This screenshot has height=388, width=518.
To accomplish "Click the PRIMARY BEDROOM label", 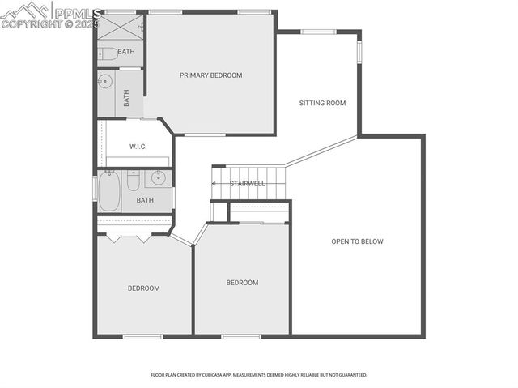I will pos(210,75).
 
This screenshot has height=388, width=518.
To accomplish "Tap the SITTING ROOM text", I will pos(322,103).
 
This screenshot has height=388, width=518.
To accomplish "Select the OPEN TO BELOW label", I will pos(357,241).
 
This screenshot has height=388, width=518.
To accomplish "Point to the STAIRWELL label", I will pos(248,184).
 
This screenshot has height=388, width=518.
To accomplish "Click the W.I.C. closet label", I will pos(138,147).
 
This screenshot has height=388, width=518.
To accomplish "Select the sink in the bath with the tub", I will pos(159,177).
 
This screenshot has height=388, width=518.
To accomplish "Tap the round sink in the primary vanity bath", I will pos(105,81).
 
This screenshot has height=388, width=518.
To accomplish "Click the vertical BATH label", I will pos(126,98).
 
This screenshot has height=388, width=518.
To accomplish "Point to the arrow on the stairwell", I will pos(215,184).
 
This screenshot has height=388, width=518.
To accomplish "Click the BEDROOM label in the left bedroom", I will pos(143,288).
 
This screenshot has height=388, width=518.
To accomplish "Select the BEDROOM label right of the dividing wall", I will pos(242,283).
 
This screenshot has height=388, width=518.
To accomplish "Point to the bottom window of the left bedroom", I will pos(143,336).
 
